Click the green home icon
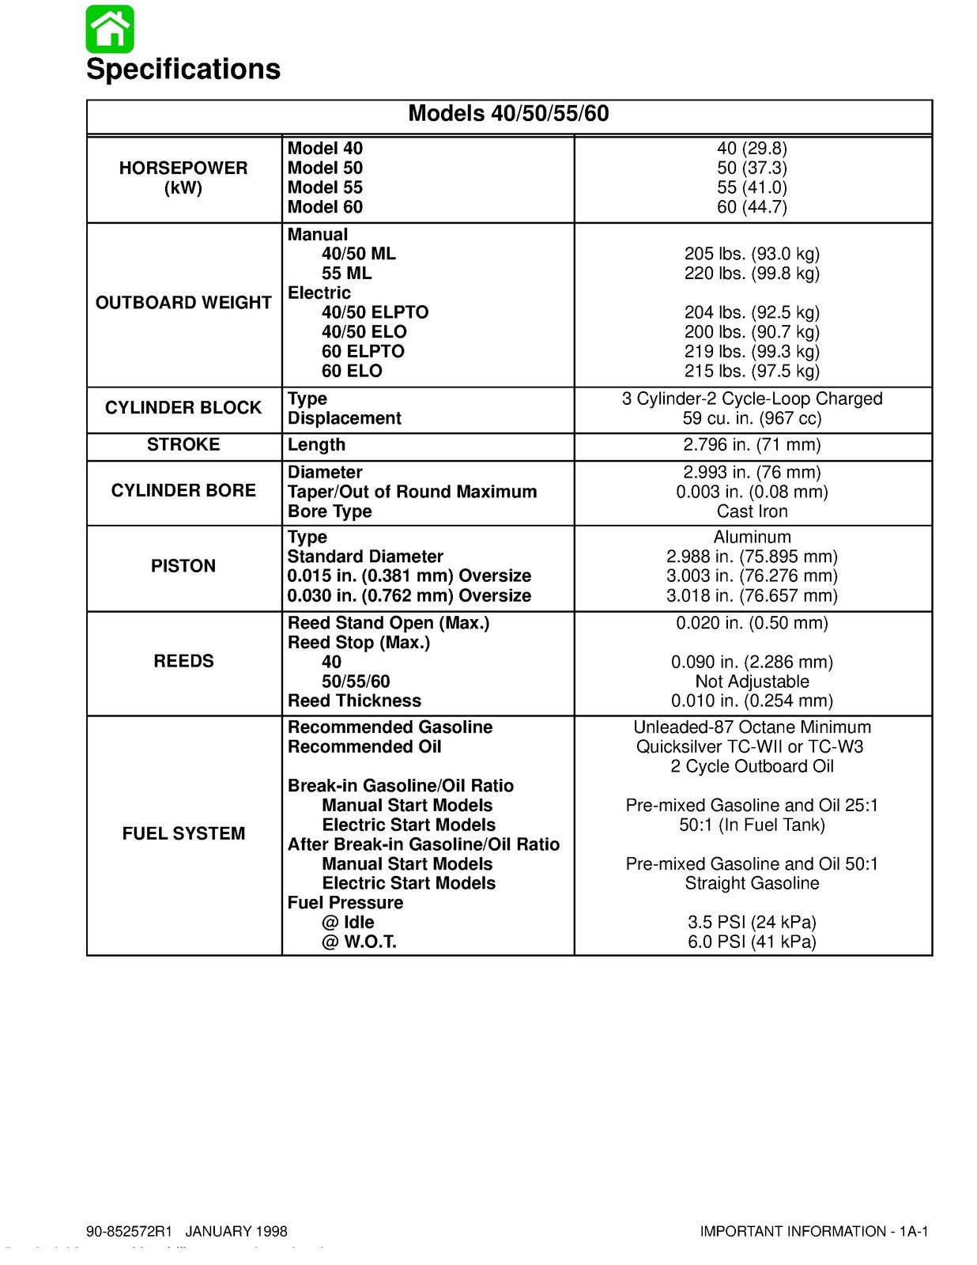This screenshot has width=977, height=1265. pyautogui.click(x=110, y=28)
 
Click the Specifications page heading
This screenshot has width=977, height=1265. pyautogui.click(x=183, y=70)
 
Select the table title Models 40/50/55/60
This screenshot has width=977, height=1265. pyautogui.click(x=508, y=114)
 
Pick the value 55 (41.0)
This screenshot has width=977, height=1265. pyautogui.click(x=752, y=187)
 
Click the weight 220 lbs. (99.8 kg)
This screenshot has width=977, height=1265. pyautogui.click(x=752, y=274)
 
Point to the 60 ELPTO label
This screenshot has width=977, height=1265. pyautogui.click(x=363, y=352)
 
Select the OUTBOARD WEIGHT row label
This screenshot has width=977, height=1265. pyautogui.click(x=183, y=303)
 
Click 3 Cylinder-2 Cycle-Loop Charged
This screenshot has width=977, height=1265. pyautogui.click(x=752, y=399)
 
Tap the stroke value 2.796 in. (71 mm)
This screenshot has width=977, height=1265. pyautogui.click(x=752, y=445)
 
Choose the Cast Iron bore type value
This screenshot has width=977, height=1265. pyautogui.click(x=752, y=512)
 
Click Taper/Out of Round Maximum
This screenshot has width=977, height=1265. pyautogui.click(x=412, y=492)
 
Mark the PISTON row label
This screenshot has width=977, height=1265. pyautogui.click(x=183, y=566)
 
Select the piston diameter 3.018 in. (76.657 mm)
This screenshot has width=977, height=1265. pyautogui.click(x=752, y=596)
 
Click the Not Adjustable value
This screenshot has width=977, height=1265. pyautogui.click(x=752, y=682)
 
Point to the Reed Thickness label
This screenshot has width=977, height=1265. pyautogui.click(x=354, y=701)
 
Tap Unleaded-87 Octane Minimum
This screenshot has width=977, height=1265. pyautogui.click(x=752, y=727)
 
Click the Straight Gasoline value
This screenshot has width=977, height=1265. pyautogui.click(x=752, y=884)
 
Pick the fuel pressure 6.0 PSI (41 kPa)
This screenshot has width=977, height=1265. pyautogui.click(x=752, y=942)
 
